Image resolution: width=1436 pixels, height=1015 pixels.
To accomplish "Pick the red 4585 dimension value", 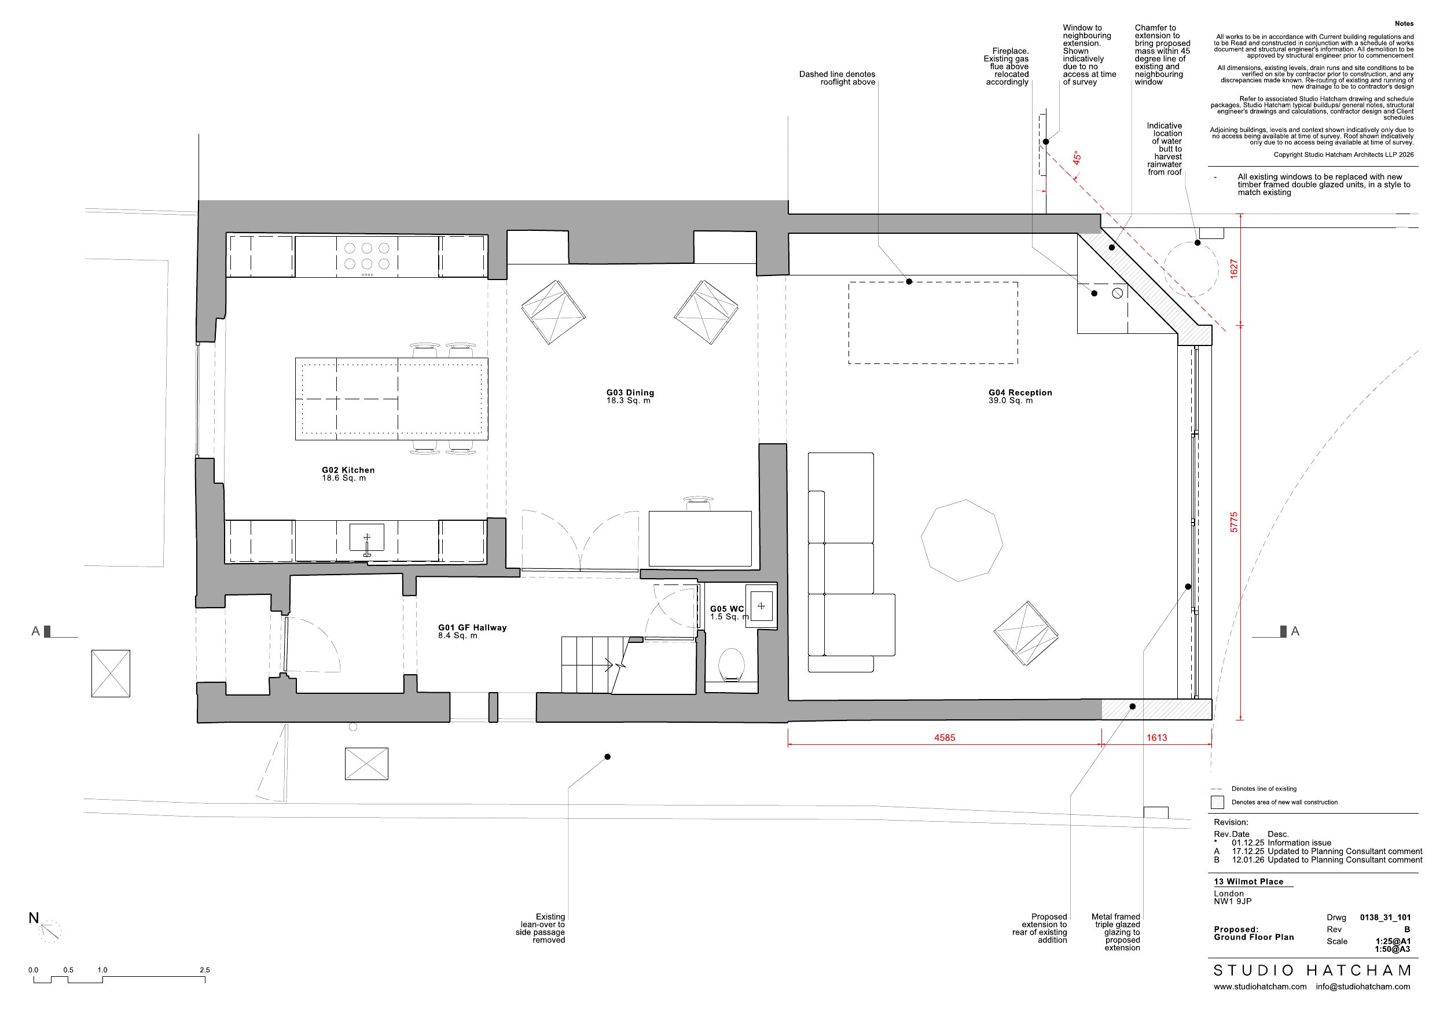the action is [x=945, y=738].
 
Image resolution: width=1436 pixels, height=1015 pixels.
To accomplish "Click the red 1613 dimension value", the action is [x=1156, y=738].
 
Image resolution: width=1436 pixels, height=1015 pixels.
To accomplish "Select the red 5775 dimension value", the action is [x=1234, y=522].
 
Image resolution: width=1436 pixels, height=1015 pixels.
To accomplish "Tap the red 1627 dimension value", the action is [x=1234, y=269].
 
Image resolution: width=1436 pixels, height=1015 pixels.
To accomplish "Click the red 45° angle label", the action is [x=1077, y=157].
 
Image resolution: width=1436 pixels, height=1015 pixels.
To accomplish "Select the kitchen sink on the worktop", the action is [x=367, y=538].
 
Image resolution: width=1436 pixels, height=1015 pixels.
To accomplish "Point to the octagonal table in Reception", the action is [x=962, y=540].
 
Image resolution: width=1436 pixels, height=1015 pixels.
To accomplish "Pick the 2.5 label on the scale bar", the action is [x=204, y=970].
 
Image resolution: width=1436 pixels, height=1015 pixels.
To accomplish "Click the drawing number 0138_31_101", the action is [x=1385, y=917].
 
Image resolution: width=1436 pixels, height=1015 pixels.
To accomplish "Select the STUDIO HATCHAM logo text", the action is [x=1312, y=970].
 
